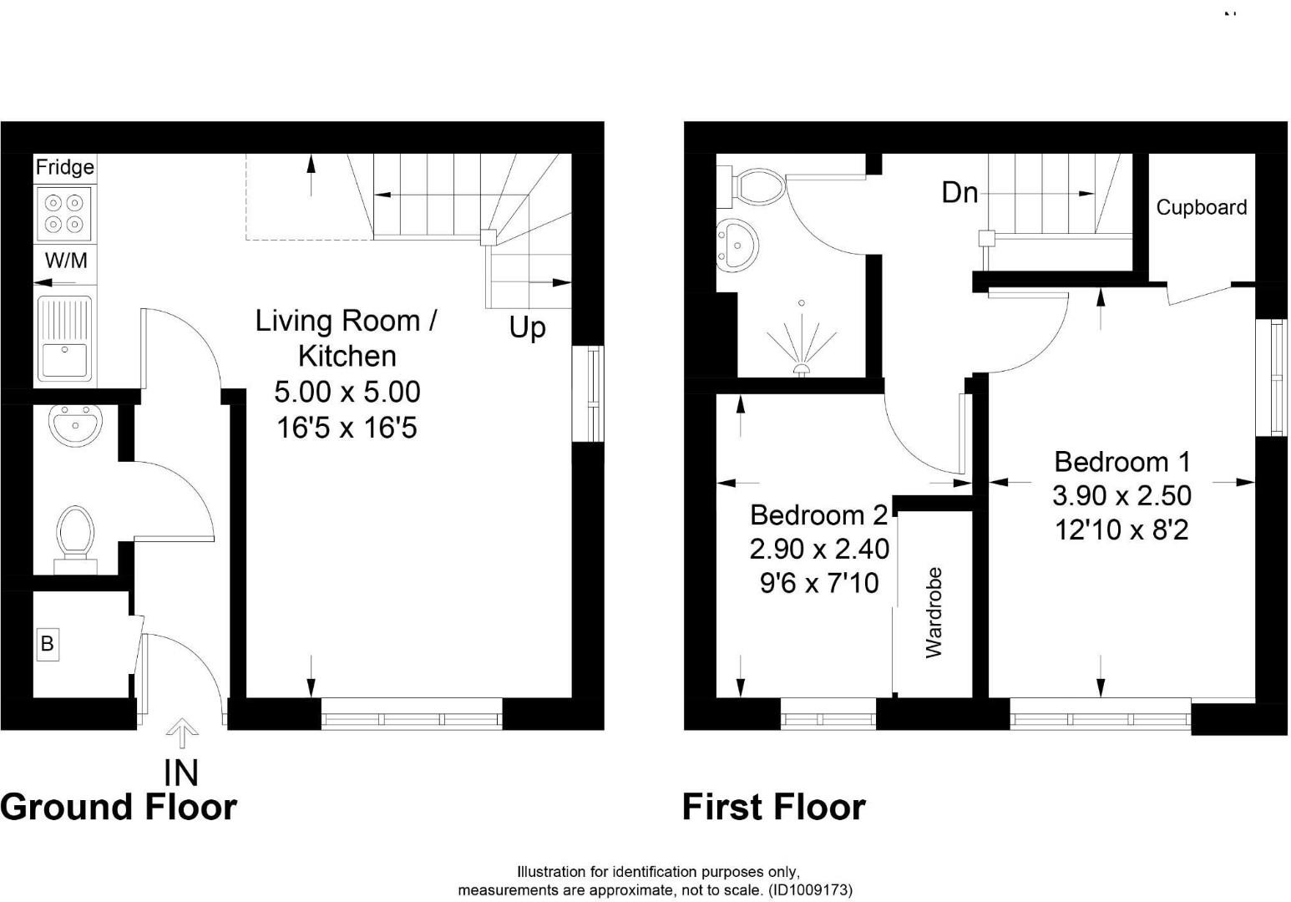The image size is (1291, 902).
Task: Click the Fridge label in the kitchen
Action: [x=64, y=168]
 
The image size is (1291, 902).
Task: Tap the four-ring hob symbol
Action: [x=64, y=212]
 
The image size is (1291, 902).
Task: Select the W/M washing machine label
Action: [x=66, y=261]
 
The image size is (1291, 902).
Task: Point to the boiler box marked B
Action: [x=48, y=644]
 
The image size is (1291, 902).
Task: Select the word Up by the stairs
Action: [x=528, y=327]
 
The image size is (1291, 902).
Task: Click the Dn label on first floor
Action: [x=959, y=193]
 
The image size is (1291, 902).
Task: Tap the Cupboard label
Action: [x=1201, y=207]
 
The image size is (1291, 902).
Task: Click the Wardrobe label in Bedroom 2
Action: [x=934, y=613]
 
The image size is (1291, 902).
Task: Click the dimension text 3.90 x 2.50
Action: [x=1121, y=496]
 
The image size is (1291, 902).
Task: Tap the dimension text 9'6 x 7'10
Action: [x=819, y=583]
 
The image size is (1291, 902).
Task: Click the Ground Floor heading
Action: [x=119, y=808]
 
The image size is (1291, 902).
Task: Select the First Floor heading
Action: [x=773, y=808]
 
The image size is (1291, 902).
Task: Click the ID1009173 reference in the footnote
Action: [x=810, y=890]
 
